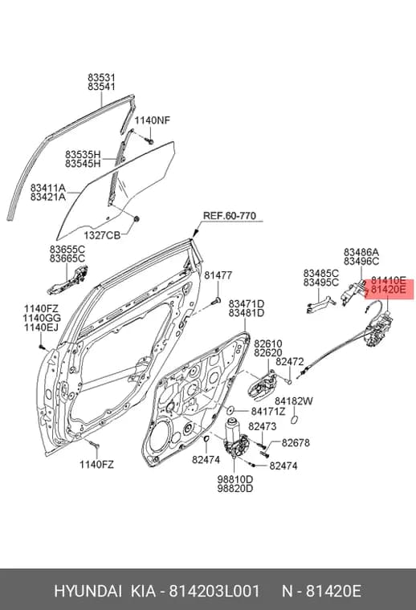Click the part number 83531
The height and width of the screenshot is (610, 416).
(101, 78)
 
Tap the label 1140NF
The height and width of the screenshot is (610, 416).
(153, 120)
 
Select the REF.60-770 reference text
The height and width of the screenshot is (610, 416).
(230, 216)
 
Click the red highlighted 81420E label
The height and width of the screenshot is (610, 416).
(389, 290)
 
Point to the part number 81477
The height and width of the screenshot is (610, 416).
(218, 275)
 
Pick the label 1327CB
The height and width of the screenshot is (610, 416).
(102, 235)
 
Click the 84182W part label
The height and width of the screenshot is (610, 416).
(294, 401)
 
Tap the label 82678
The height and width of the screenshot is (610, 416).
(296, 443)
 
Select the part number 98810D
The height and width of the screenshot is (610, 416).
(235, 479)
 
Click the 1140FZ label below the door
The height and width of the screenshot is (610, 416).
(96, 465)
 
